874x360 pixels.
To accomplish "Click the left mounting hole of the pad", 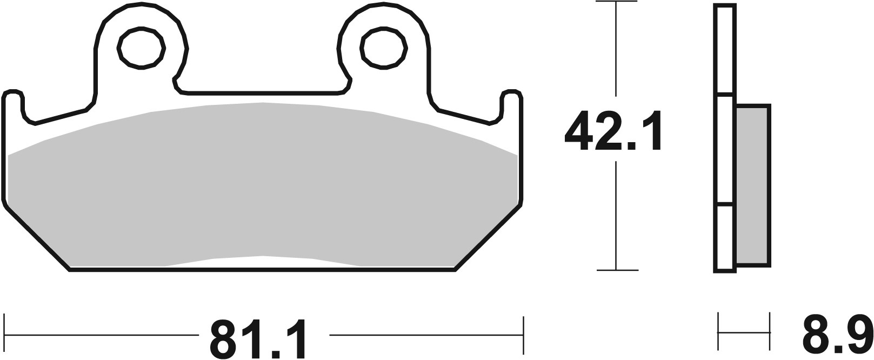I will click(141, 49).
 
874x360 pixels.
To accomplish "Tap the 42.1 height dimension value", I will click(613, 132).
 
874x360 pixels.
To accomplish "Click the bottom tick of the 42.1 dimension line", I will click(616, 270).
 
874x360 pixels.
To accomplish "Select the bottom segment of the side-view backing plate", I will click(725, 238).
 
